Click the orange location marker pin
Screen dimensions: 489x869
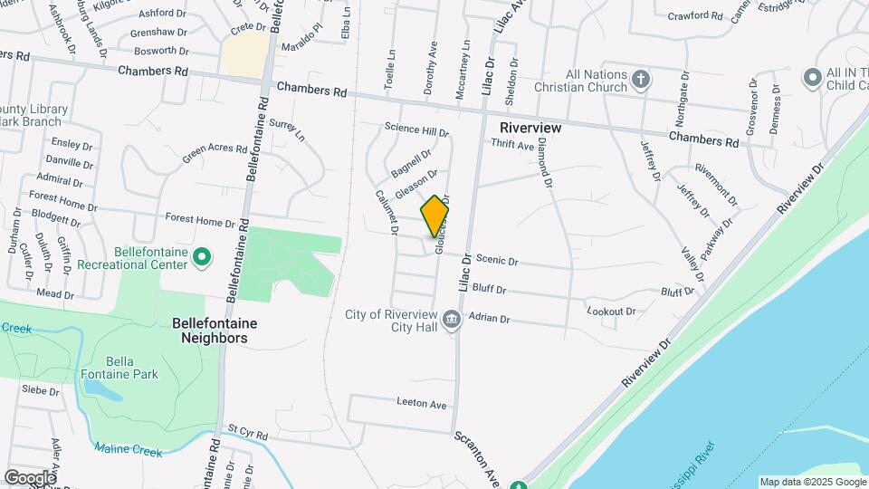435,216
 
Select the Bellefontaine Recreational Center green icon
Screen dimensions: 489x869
202,258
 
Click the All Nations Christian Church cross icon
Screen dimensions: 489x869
640,80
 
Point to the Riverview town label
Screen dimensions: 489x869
530,128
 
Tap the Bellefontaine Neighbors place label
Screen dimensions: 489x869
215,331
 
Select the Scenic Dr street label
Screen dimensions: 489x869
496,261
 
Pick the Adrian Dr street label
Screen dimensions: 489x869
491,319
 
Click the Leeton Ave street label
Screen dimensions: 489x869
422,402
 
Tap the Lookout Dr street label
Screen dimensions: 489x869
612,311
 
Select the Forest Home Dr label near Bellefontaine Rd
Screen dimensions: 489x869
200,220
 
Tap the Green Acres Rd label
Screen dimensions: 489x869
215,154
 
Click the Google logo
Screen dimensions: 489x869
30,477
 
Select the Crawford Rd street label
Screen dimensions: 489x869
695,15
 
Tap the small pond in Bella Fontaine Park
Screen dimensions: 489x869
101,389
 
